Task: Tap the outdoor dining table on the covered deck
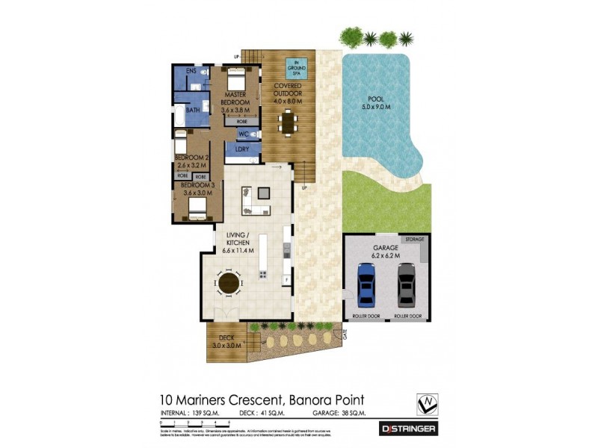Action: [288, 122]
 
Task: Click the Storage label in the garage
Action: [414, 240]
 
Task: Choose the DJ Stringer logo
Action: [408, 429]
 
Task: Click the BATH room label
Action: [193, 110]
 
